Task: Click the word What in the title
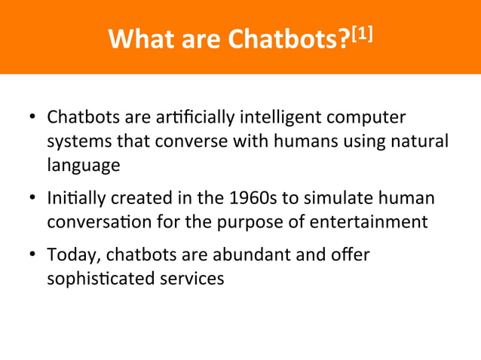136,38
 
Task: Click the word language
83,166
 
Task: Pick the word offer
351,255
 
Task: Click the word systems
78,142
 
